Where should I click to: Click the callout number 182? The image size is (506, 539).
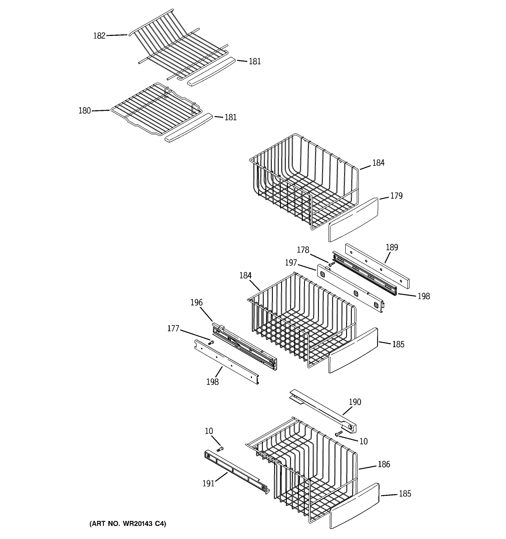[x=99, y=36]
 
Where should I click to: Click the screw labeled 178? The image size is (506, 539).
[x=332, y=263]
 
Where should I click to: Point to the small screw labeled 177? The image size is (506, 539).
[x=211, y=343]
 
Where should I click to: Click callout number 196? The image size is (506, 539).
[x=196, y=302]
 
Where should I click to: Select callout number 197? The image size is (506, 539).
[x=291, y=263]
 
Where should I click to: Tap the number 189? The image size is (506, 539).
[x=392, y=247]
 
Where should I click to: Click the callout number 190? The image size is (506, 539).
[x=355, y=402]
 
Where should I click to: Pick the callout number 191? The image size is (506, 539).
[x=208, y=484]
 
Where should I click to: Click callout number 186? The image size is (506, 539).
[x=384, y=464]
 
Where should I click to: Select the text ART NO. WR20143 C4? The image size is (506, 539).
[x=128, y=524]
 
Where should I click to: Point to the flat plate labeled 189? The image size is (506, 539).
[x=377, y=266]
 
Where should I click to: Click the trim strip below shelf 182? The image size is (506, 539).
[x=211, y=72]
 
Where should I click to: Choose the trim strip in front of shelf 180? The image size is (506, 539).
[x=189, y=128]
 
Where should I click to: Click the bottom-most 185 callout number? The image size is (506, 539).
[x=405, y=493]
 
